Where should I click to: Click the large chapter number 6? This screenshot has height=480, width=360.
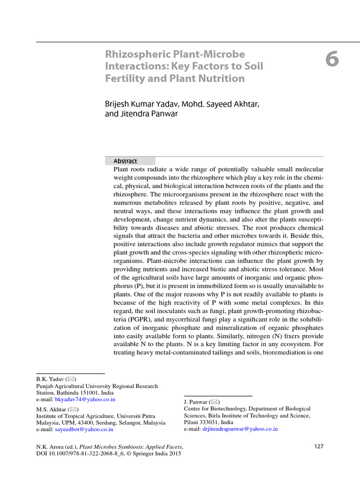(332, 60)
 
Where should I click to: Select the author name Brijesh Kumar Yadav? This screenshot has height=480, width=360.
(141, 104)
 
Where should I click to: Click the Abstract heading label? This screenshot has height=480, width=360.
(125, 161)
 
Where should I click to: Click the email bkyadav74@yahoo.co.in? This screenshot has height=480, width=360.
(85, 399)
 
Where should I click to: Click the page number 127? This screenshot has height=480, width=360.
(319, 446)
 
